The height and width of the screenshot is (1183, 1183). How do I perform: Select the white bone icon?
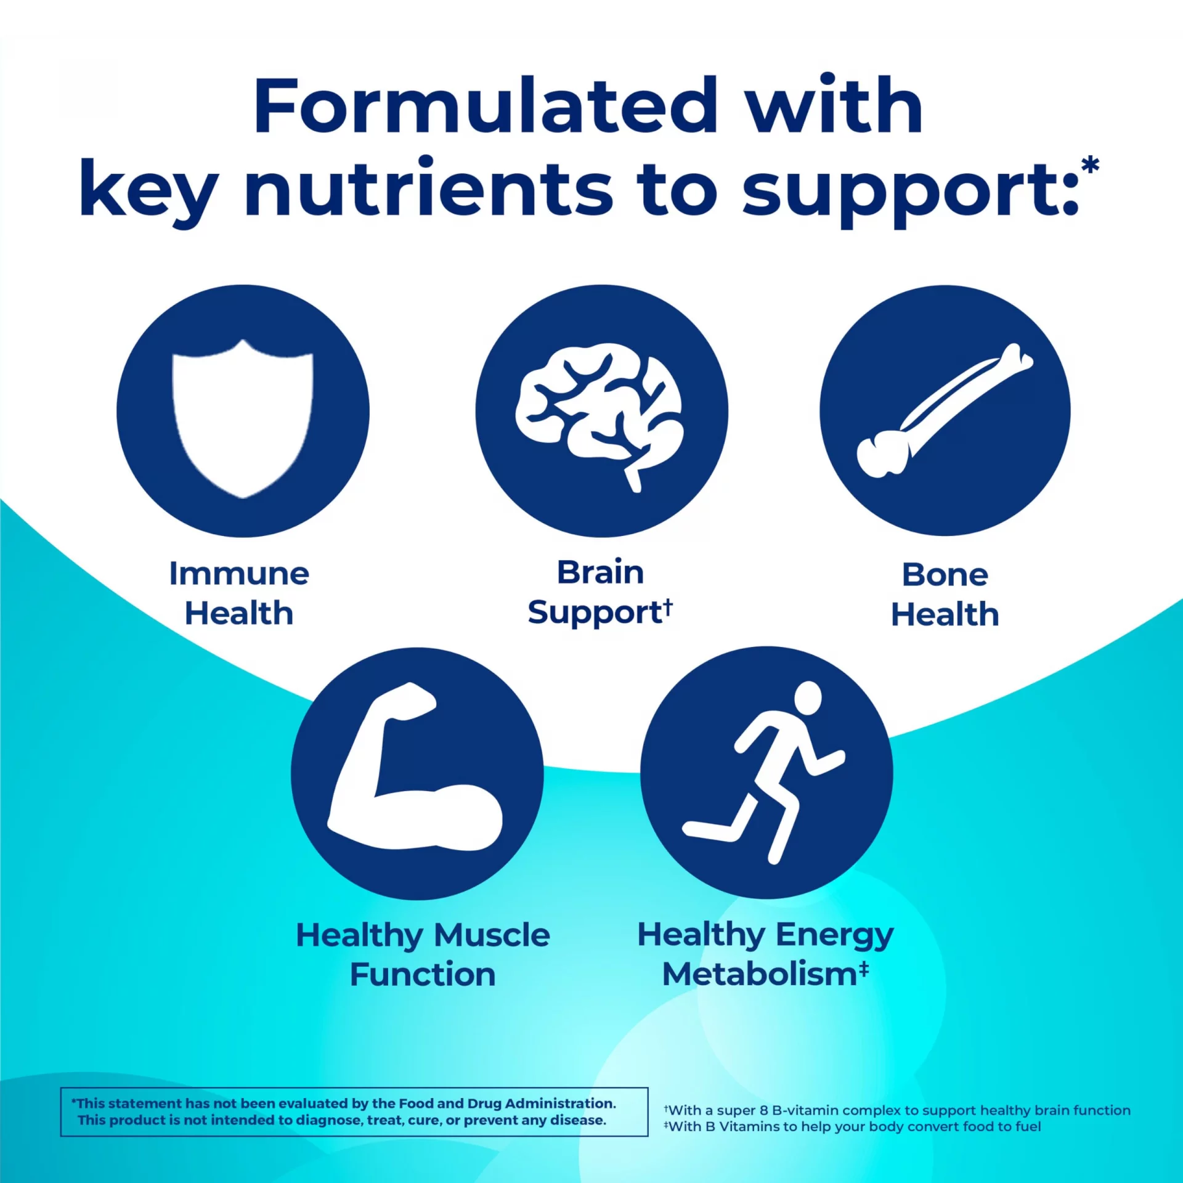945,410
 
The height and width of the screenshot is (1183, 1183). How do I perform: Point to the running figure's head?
808,698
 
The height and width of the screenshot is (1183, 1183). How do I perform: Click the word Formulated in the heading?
486,105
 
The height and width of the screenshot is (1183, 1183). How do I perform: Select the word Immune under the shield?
239,574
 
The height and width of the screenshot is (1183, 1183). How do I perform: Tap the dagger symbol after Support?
668,608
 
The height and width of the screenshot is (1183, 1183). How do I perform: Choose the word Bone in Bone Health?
945,575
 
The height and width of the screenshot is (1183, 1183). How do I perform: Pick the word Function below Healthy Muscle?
423,975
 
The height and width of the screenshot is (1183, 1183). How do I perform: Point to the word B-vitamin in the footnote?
805,1110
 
